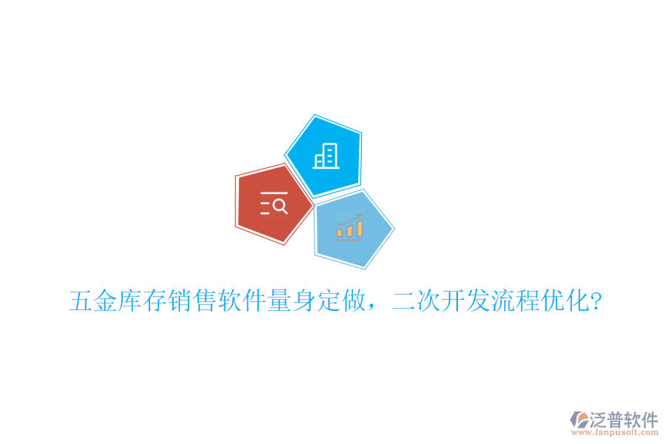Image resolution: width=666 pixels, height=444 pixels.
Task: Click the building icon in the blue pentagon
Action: click(326, 155)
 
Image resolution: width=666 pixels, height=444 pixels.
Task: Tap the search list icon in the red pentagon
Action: click(274, 203)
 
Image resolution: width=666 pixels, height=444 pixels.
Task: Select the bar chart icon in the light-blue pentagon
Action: click(350, 227)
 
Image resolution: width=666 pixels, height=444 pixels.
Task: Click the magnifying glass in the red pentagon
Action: click(280, 206)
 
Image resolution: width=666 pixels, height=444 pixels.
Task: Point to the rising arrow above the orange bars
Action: click(350, 220)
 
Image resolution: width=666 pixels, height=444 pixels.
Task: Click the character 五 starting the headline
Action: click(81, 301)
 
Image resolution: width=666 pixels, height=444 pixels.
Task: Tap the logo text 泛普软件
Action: click(623, 418)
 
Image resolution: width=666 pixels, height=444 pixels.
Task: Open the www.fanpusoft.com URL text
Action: click(614, 433)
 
